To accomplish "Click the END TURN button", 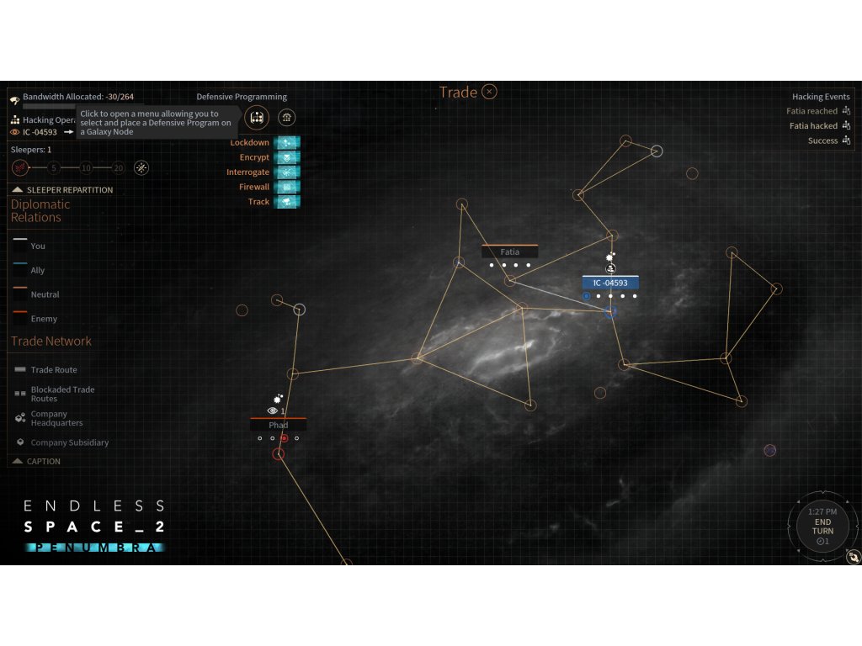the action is point(822,527).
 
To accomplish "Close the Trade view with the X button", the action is point(489,92).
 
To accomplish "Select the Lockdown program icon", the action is point(288,143).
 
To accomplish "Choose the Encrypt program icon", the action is point(288,157).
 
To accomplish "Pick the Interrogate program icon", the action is point(288,172).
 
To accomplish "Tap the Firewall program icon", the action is point(288,187).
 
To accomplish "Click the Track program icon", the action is point(288,202).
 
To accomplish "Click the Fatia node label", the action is point(509,252).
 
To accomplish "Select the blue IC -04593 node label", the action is point(610,283).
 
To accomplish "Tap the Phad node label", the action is point(278,425).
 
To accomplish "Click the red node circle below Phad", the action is point(279,454).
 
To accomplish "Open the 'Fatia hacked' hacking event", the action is point(813,126).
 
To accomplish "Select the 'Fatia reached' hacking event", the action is point(811,111).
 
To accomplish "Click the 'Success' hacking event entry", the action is point(822,140).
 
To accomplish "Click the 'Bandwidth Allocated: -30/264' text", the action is point(77,97).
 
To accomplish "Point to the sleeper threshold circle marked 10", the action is point(86,167).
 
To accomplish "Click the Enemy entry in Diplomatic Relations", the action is point(44,319).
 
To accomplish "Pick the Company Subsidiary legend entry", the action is point(69,442).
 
